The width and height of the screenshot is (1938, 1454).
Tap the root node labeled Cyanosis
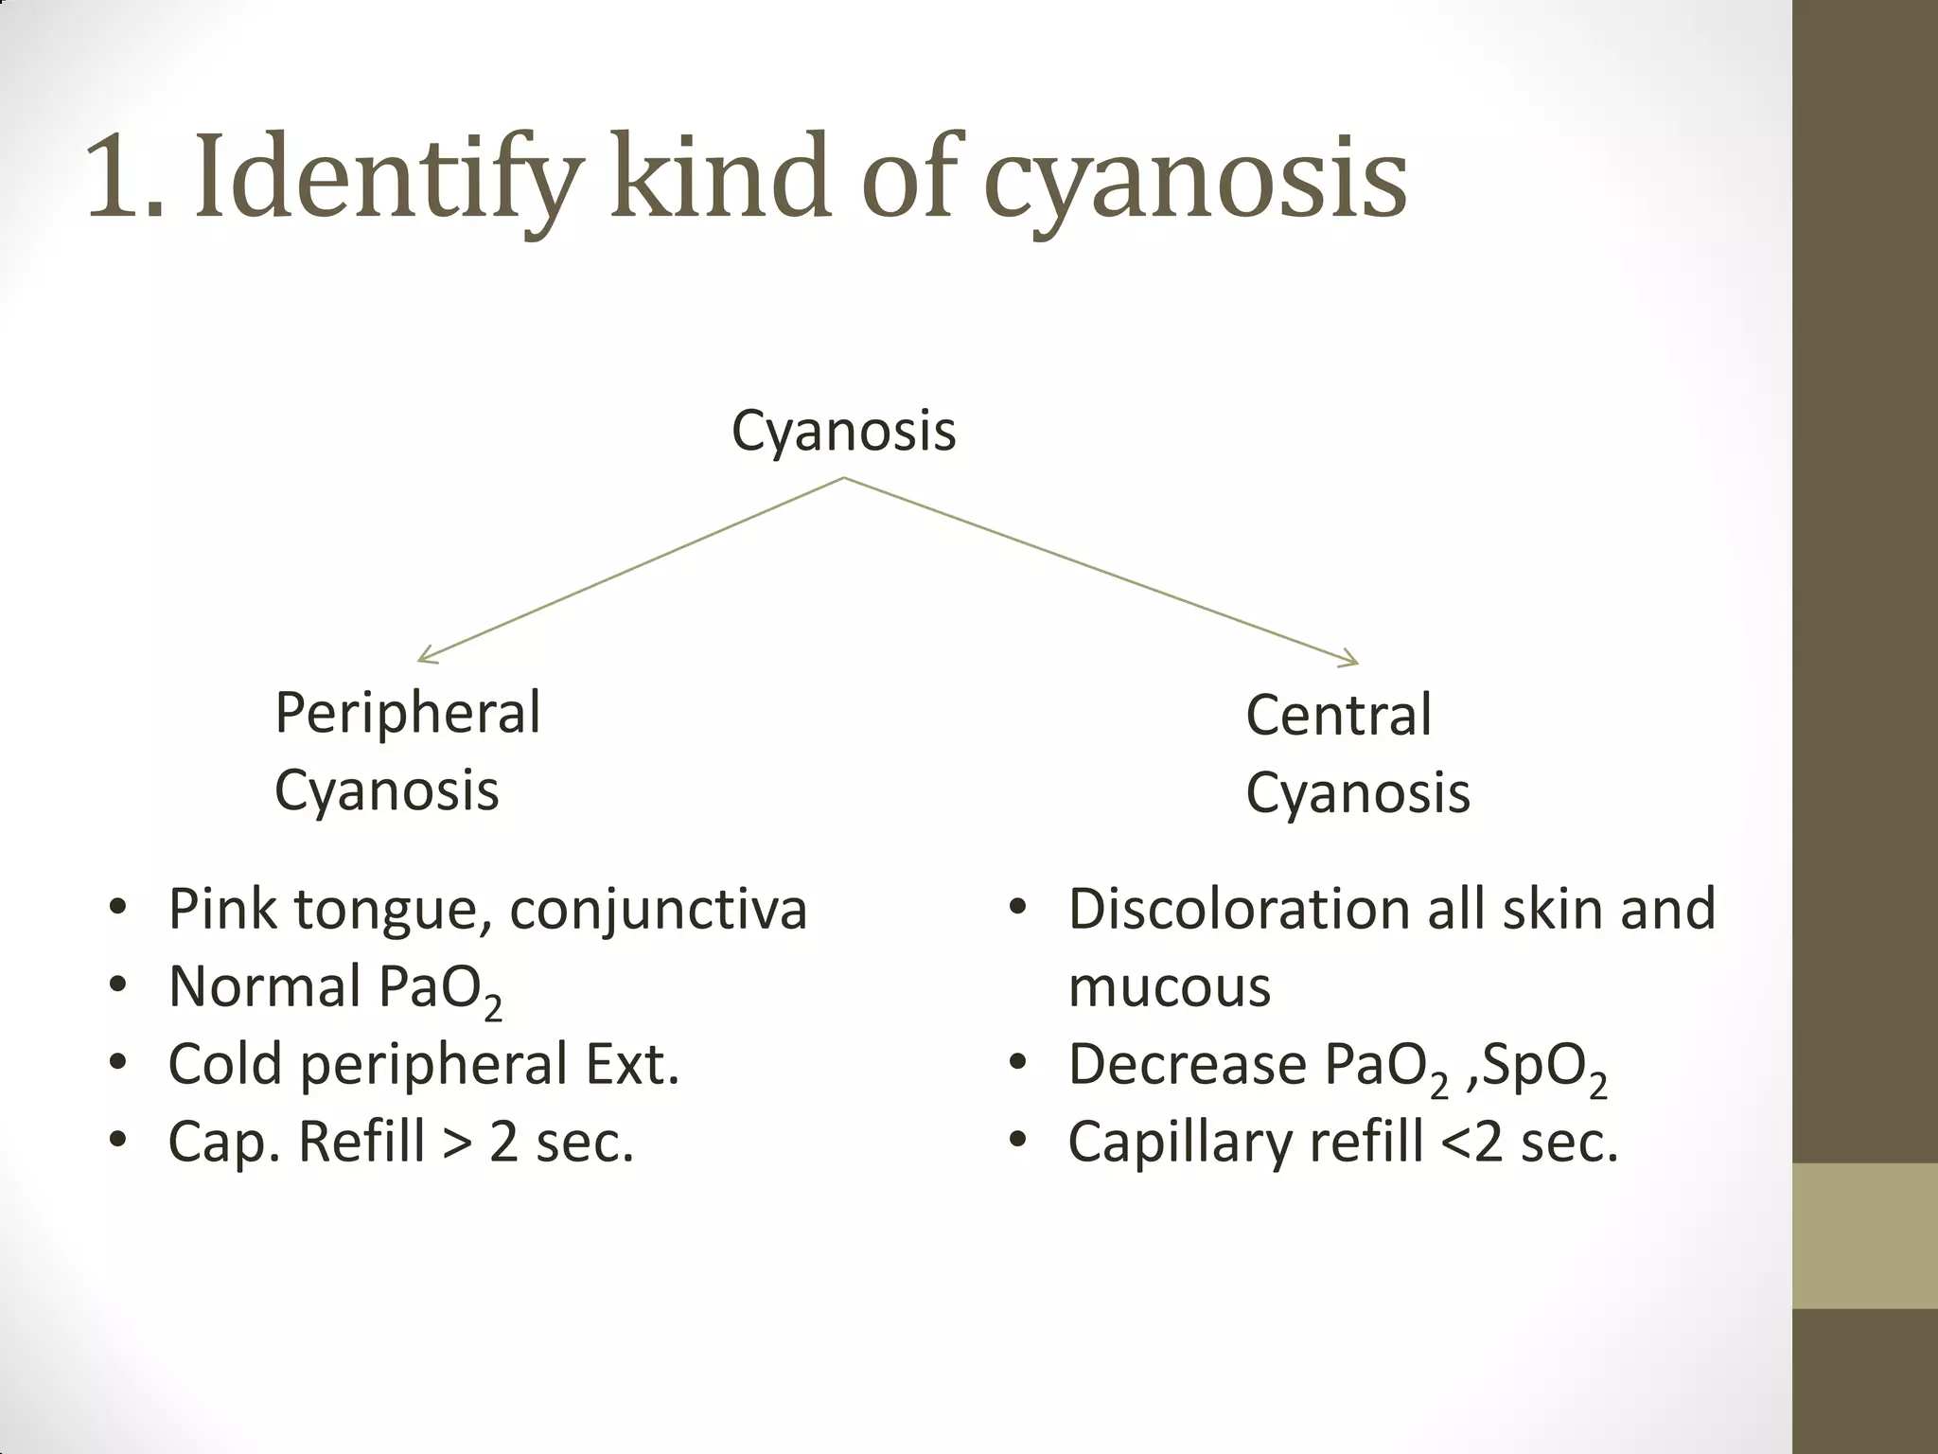843,431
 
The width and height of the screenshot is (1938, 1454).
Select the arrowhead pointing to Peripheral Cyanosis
425,656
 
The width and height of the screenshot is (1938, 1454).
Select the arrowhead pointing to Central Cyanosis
1350,659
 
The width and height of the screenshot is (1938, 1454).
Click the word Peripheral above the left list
408,713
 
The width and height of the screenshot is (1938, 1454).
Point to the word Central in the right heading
1338,715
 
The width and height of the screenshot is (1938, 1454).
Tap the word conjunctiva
658,911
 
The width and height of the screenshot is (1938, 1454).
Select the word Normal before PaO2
264,986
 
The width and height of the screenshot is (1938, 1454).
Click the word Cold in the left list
225,1064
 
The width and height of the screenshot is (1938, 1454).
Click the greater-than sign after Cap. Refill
456,1143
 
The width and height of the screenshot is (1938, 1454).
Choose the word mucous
1169,987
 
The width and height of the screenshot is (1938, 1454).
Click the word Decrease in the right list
1187,1064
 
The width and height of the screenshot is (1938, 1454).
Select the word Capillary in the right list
1179,1143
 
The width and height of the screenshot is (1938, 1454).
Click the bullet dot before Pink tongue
117,909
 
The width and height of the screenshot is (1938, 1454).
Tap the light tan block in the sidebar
1865,1235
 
